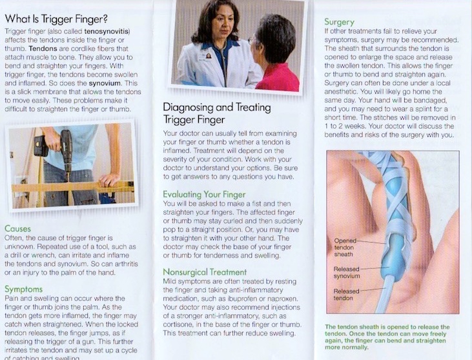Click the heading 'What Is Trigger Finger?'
click(x=56, y=19)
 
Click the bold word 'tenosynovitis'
click(x=107, y=31)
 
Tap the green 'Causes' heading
click(x=18, y=229)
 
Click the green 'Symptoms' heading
click(x=23, y=289)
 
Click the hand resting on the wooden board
click(x=110, y=180)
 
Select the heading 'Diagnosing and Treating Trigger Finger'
click(x=217, y=114)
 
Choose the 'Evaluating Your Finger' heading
click(x=205, y=194)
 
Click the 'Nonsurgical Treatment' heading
click(x=205, y=272)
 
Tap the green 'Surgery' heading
click(x=339, y=22)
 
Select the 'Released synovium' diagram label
click(x=347, y=272)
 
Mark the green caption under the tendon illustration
click(x=387, y=337)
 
